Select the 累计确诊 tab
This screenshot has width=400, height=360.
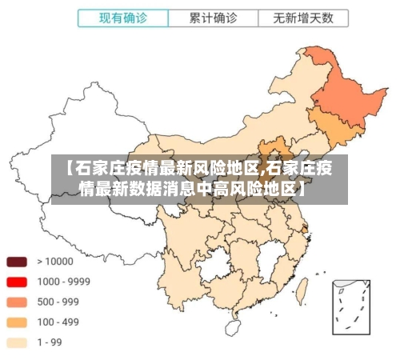[x=213, y=17]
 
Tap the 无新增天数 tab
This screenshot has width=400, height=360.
[x=302, y=17]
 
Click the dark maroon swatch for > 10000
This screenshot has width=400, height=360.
[x=17, y=262]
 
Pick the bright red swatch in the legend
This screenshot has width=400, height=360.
[x=17, y=282]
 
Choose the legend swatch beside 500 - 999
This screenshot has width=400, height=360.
[x=17, y=302]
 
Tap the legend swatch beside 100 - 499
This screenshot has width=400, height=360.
[x=17, y=322]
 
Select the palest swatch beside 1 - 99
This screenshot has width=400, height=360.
[x=17, y=342]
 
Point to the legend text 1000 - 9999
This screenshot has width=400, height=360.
[x=63, y=282]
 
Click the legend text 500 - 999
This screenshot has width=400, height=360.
[x=59, y=302]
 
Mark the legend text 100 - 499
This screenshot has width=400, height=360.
[x=59, y=322]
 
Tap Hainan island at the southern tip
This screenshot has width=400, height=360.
[x=233, y=326]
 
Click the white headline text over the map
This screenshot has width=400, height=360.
[x=199, y=178]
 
